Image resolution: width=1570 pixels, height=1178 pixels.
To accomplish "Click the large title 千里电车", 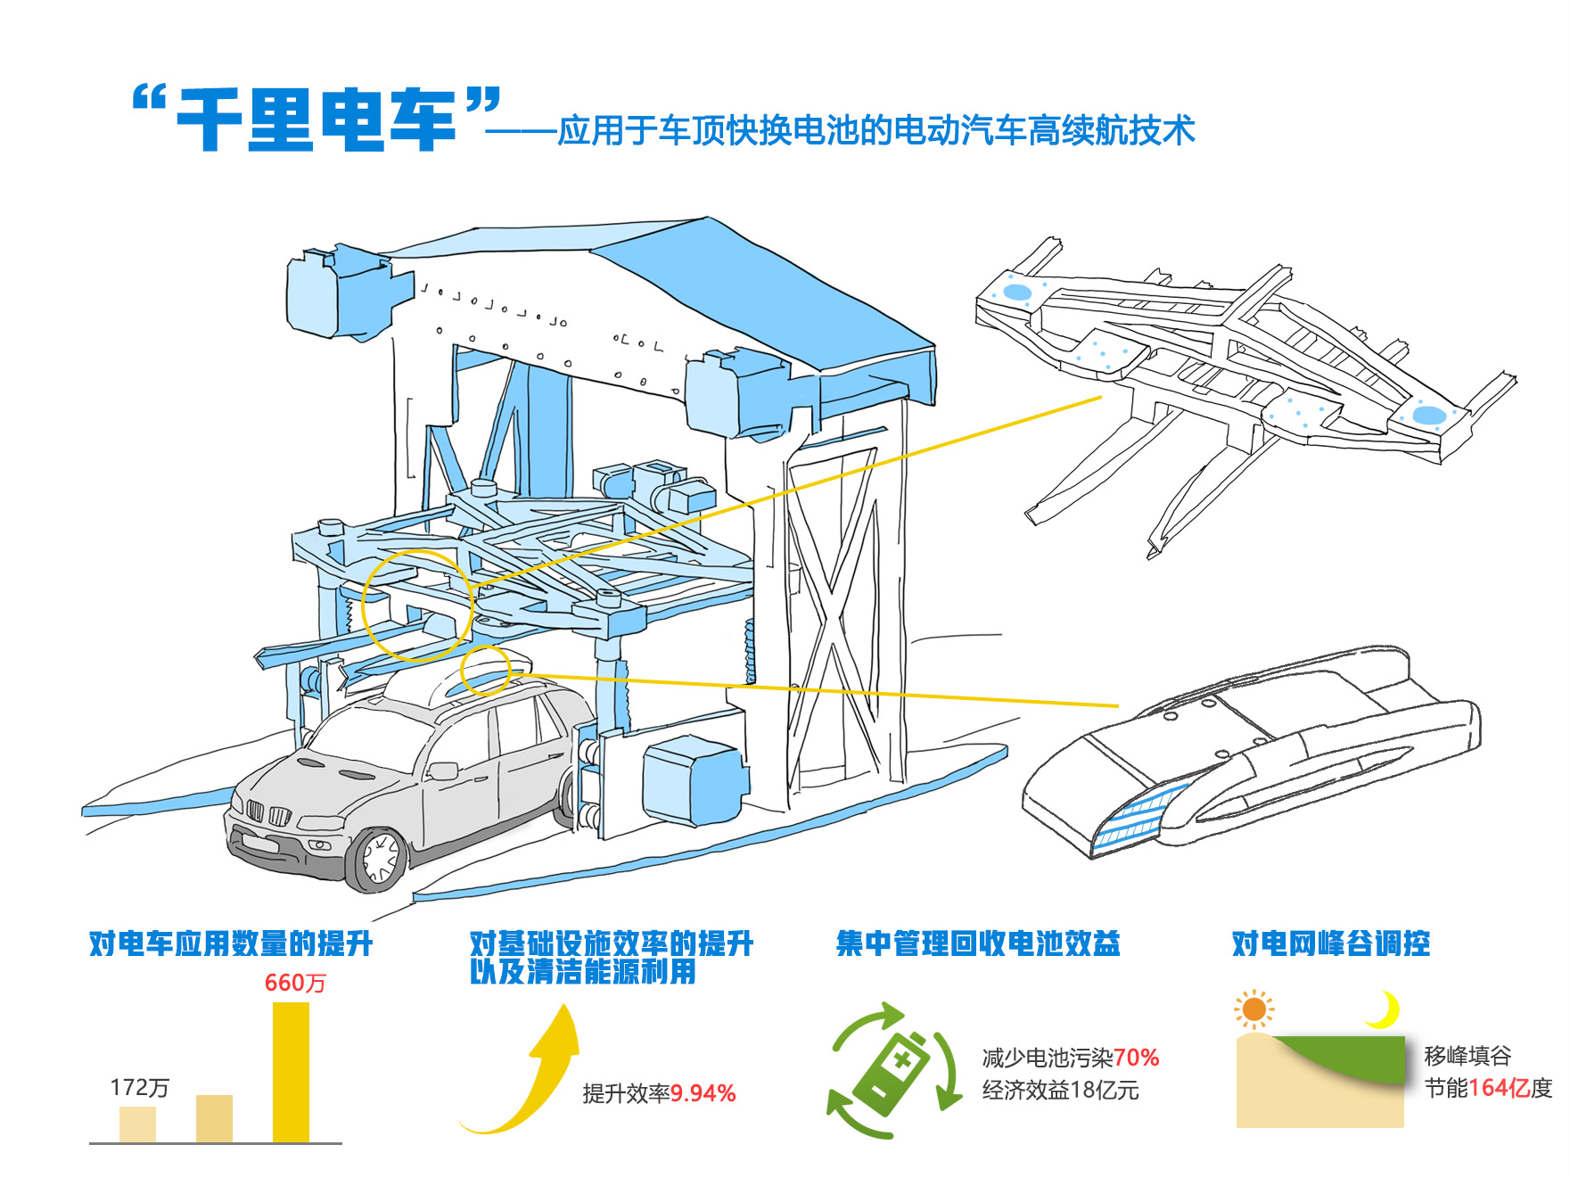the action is point(316,119).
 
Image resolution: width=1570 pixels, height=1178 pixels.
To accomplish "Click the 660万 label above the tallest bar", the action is point(295,983).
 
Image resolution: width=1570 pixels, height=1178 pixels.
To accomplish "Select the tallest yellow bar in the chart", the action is point(291,1072).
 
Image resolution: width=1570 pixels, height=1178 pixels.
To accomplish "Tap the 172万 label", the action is point(139,1087).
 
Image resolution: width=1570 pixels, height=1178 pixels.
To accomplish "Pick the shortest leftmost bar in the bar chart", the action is point(137,1124).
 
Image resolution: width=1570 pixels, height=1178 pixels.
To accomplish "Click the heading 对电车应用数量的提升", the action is point(231,943).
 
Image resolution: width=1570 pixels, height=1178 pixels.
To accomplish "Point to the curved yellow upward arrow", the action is point(535,1079).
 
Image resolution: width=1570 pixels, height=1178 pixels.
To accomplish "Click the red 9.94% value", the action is point(703,1093).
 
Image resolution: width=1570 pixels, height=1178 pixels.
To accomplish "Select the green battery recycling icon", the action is point(894,1069).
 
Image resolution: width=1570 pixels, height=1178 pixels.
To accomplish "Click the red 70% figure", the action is point(1136,1058).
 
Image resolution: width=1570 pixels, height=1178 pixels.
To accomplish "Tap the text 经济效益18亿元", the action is point(1060,1090).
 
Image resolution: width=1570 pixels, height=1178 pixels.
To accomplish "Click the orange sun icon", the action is point(1254,1009).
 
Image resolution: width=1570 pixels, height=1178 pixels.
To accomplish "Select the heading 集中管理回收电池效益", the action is point(978,943).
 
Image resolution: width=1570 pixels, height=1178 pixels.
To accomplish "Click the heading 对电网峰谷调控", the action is point(1331,943).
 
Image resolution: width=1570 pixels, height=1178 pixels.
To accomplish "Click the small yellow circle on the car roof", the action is point(485,670).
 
